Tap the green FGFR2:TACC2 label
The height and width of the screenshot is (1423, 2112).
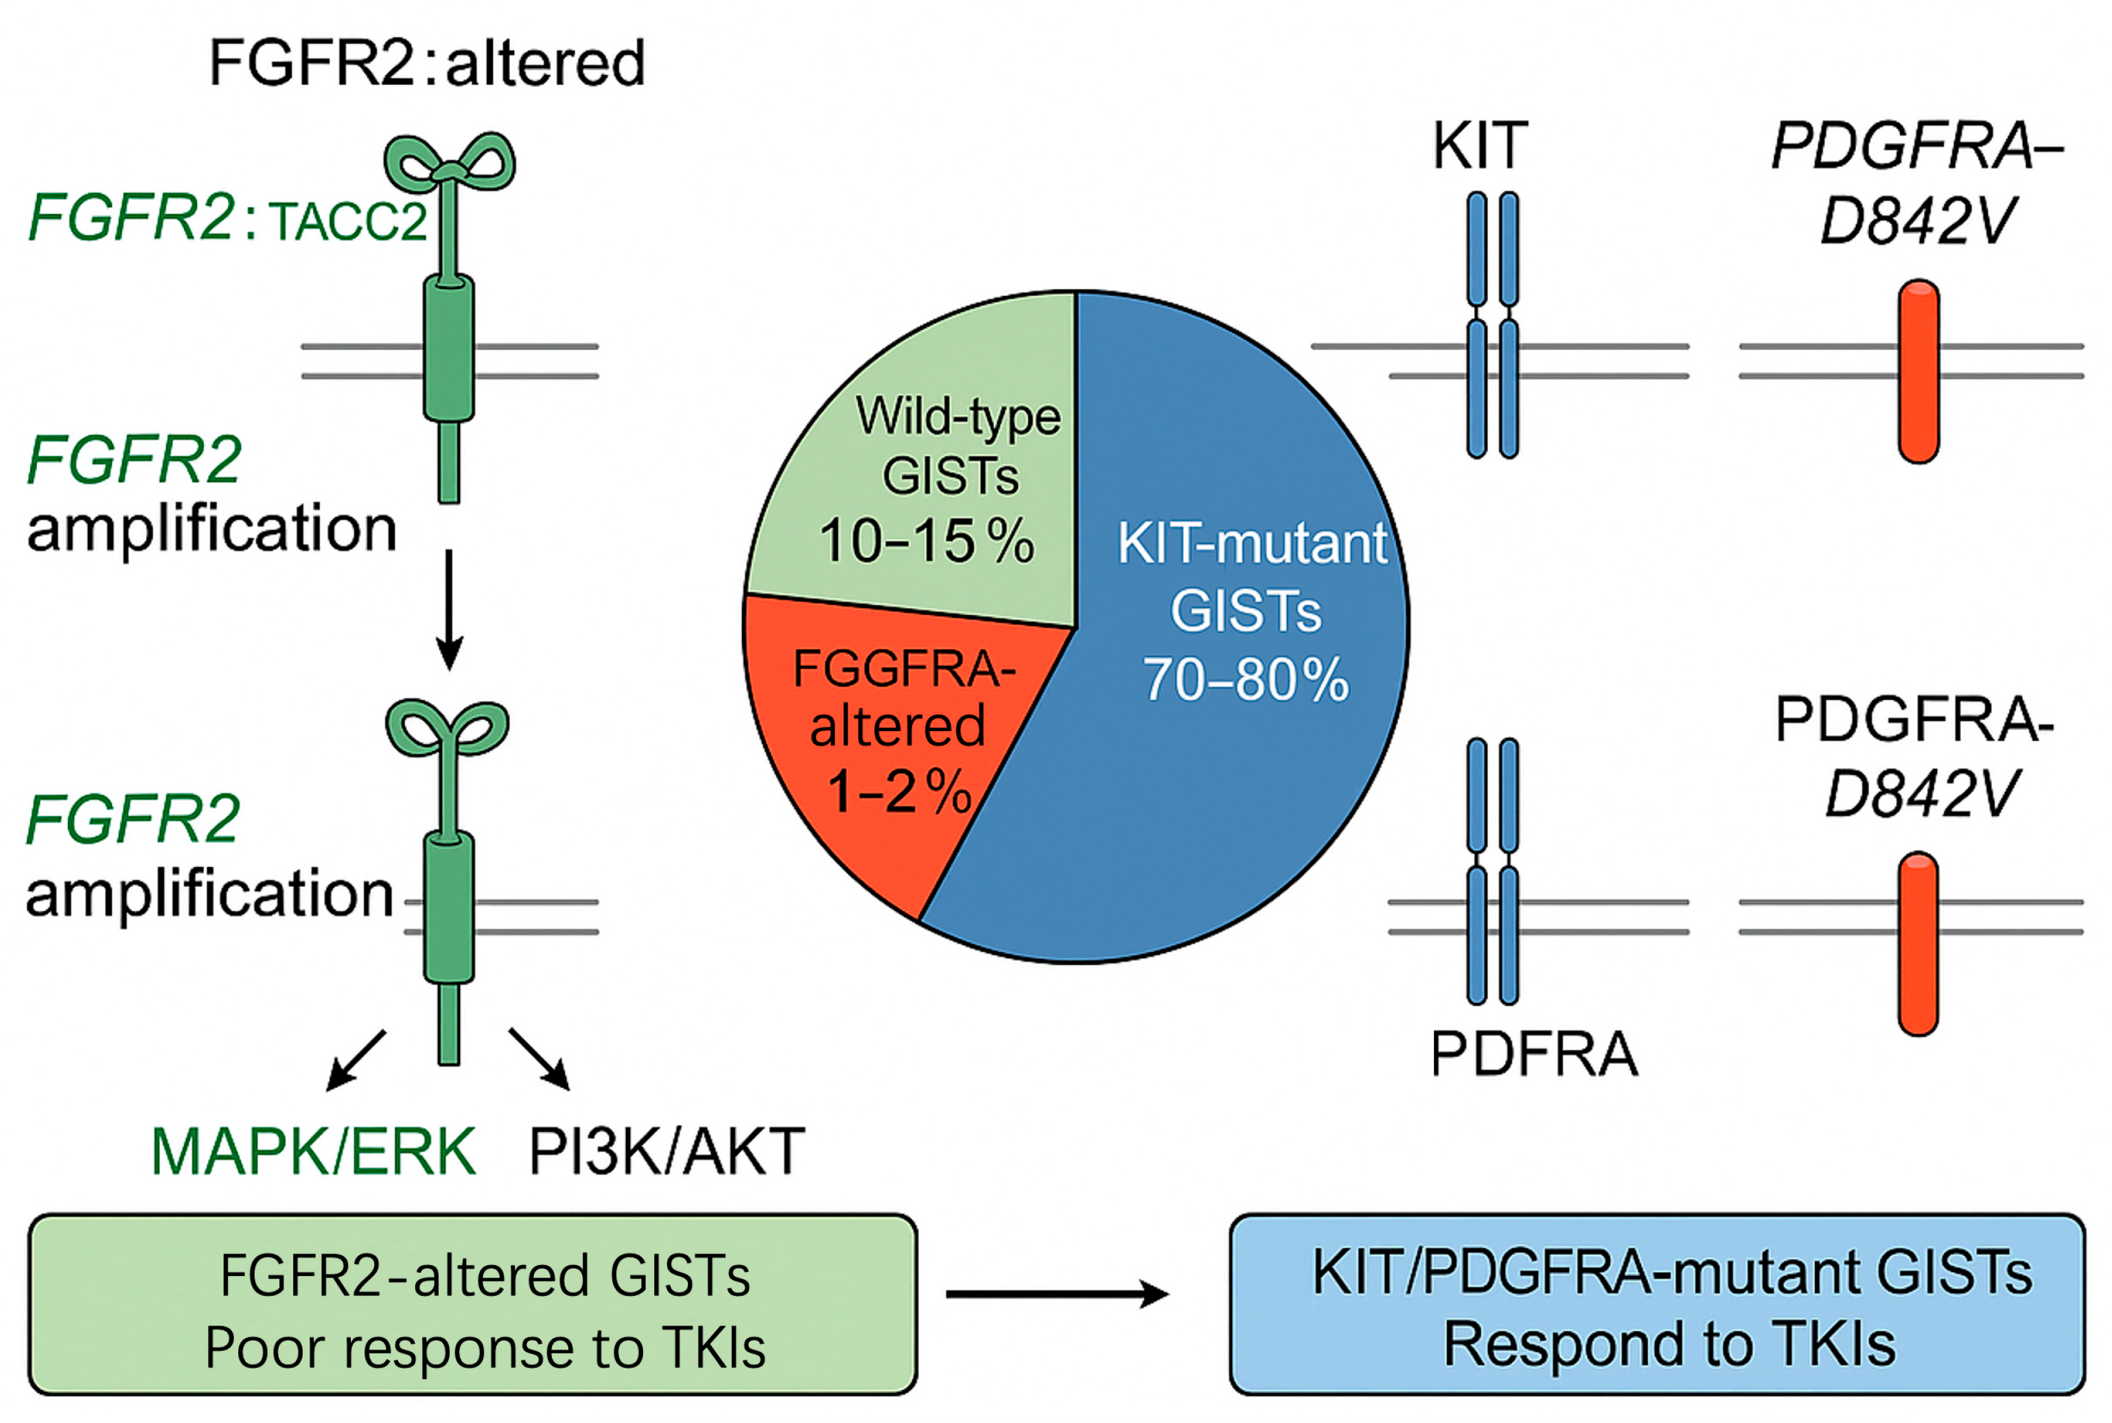click(227, 219)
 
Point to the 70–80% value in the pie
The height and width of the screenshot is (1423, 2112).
click(1244, 679)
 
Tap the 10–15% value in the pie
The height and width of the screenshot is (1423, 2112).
click(926, 542)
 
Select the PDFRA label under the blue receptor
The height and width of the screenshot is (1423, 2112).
click(1534, 1054)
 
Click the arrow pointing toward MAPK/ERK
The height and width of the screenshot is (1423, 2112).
click(355, 1060)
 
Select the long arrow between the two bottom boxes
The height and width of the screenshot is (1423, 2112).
click(1057, 1293)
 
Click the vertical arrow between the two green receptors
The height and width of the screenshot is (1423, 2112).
click(449, 608)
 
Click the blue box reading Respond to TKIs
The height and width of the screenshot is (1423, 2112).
click(1656, 1304)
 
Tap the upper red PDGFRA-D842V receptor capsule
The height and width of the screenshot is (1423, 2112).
click(1918, 371)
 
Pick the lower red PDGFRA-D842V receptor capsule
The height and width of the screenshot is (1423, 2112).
click(1918, 944)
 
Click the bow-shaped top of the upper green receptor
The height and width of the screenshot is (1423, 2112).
click(449, 163)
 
